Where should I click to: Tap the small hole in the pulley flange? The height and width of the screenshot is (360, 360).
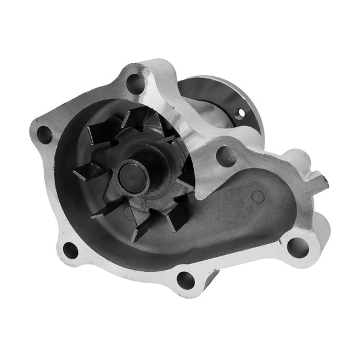242,112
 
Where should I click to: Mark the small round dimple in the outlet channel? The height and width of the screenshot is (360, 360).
257,197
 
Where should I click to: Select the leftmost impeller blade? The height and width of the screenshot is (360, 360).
86,174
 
